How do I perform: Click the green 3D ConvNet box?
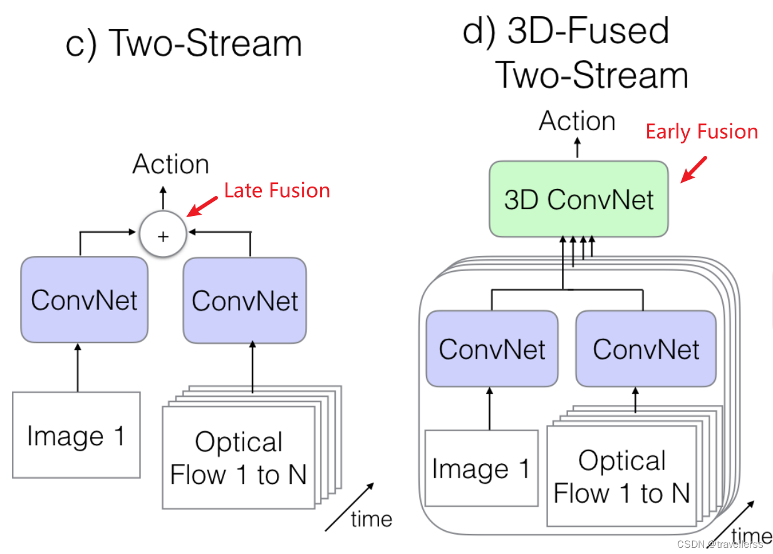click(x=578, y=199)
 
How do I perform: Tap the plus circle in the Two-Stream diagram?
click(x=163, y=236)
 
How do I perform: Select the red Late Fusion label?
click(x=277, y=190)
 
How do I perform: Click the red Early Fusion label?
click(x=702, y=132)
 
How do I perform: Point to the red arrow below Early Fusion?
click(x=694, y=169)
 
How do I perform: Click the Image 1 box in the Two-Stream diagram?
click(x=76, y=436)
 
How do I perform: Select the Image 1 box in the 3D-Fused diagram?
click(x=481, y=468)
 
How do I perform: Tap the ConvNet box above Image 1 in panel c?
click(x=84, y=300)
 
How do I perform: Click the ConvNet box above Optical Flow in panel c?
click(x=245, y=300)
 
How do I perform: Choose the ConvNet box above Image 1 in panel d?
click(x=492, y=349)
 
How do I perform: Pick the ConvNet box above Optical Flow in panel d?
click(x=646, y=349)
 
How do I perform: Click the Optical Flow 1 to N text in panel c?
click(x=238, y=458)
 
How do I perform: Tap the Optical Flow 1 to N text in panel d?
click(x=621, y=477)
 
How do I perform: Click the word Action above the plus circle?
click(x=170, y=165)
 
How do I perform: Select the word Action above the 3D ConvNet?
click(x=577, y=121)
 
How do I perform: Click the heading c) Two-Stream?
click(x=184, y=44)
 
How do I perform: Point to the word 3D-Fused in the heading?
click(x=588, y=31)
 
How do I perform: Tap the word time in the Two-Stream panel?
click(x=371, y=518)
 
